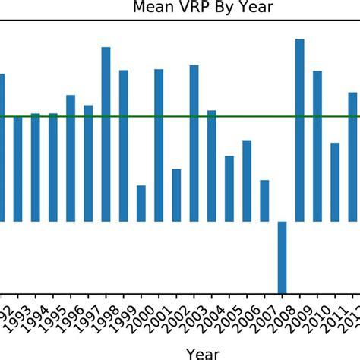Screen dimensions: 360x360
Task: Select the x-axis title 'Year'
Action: pos(204,353)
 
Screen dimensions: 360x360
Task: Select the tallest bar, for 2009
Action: pos(300,130)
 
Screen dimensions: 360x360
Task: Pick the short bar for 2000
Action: pos(141,203)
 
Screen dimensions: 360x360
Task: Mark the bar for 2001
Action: pos(159,145)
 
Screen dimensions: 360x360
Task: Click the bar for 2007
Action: pos(264,201)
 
